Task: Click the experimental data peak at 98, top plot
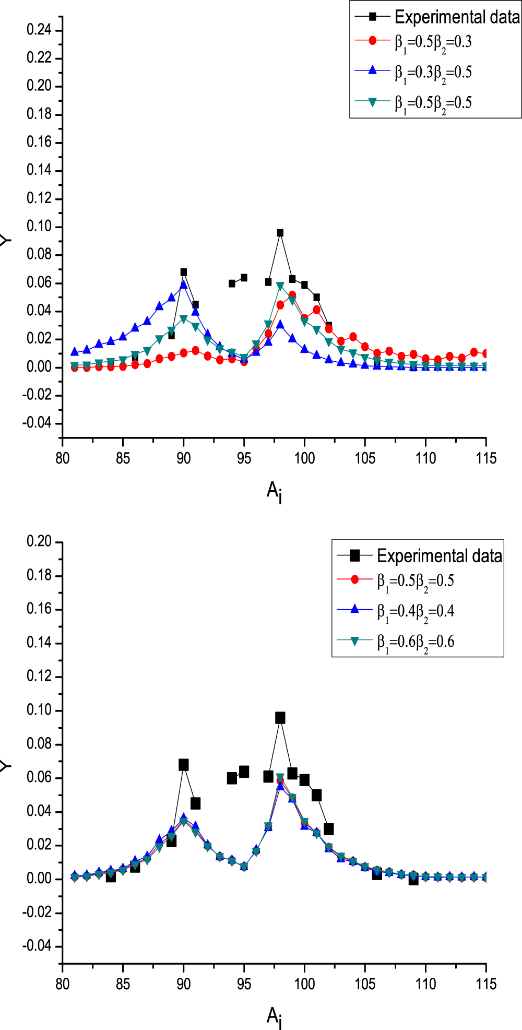(280, 233)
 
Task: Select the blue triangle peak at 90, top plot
(183, 285)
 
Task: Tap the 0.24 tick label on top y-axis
(39, 30)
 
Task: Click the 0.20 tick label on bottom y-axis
(39, 542)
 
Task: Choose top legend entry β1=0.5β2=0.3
(433, 42)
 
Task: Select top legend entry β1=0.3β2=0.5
(433, 72)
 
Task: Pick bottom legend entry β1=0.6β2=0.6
(416, 642)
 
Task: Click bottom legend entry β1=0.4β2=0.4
(416, 611)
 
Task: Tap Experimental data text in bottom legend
(440, 556)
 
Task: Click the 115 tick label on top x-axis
(486, 459)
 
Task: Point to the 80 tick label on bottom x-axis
(62, 984)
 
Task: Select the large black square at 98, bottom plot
(280, 718)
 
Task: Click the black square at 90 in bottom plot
(183, 765)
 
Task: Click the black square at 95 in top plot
(244, 278)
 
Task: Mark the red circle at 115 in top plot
(486, 353)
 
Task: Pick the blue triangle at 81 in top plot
(75, 352)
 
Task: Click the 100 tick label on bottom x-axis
(304, 984)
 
